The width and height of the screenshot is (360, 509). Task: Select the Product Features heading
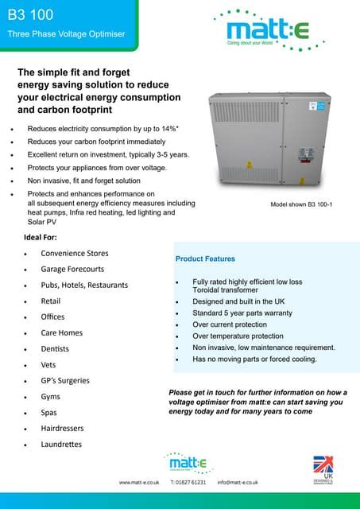click(x=205, y=258)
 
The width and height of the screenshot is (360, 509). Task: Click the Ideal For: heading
click(x=47, y=238)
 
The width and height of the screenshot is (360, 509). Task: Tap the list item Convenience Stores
click(x=75, y=253)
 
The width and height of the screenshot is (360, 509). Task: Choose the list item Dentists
click(x=55, y=348)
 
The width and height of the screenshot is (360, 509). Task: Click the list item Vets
click(x=49, y=364)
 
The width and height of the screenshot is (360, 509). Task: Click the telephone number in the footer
click(x=188, y=482)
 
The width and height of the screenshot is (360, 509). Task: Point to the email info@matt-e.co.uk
click(x=240, y=482)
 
